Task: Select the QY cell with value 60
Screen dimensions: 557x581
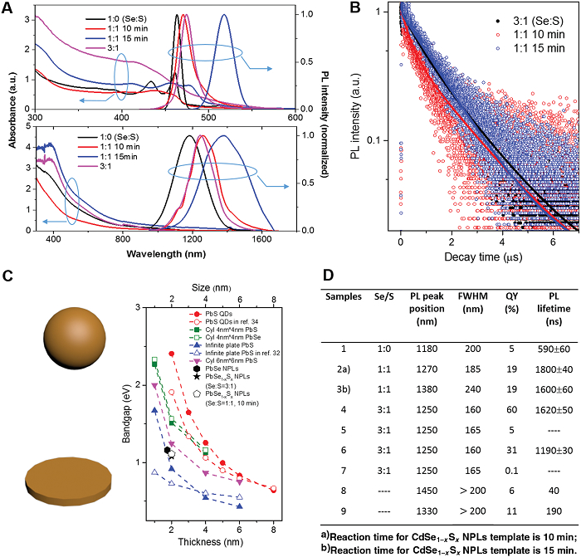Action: click(x=509, y=422)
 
